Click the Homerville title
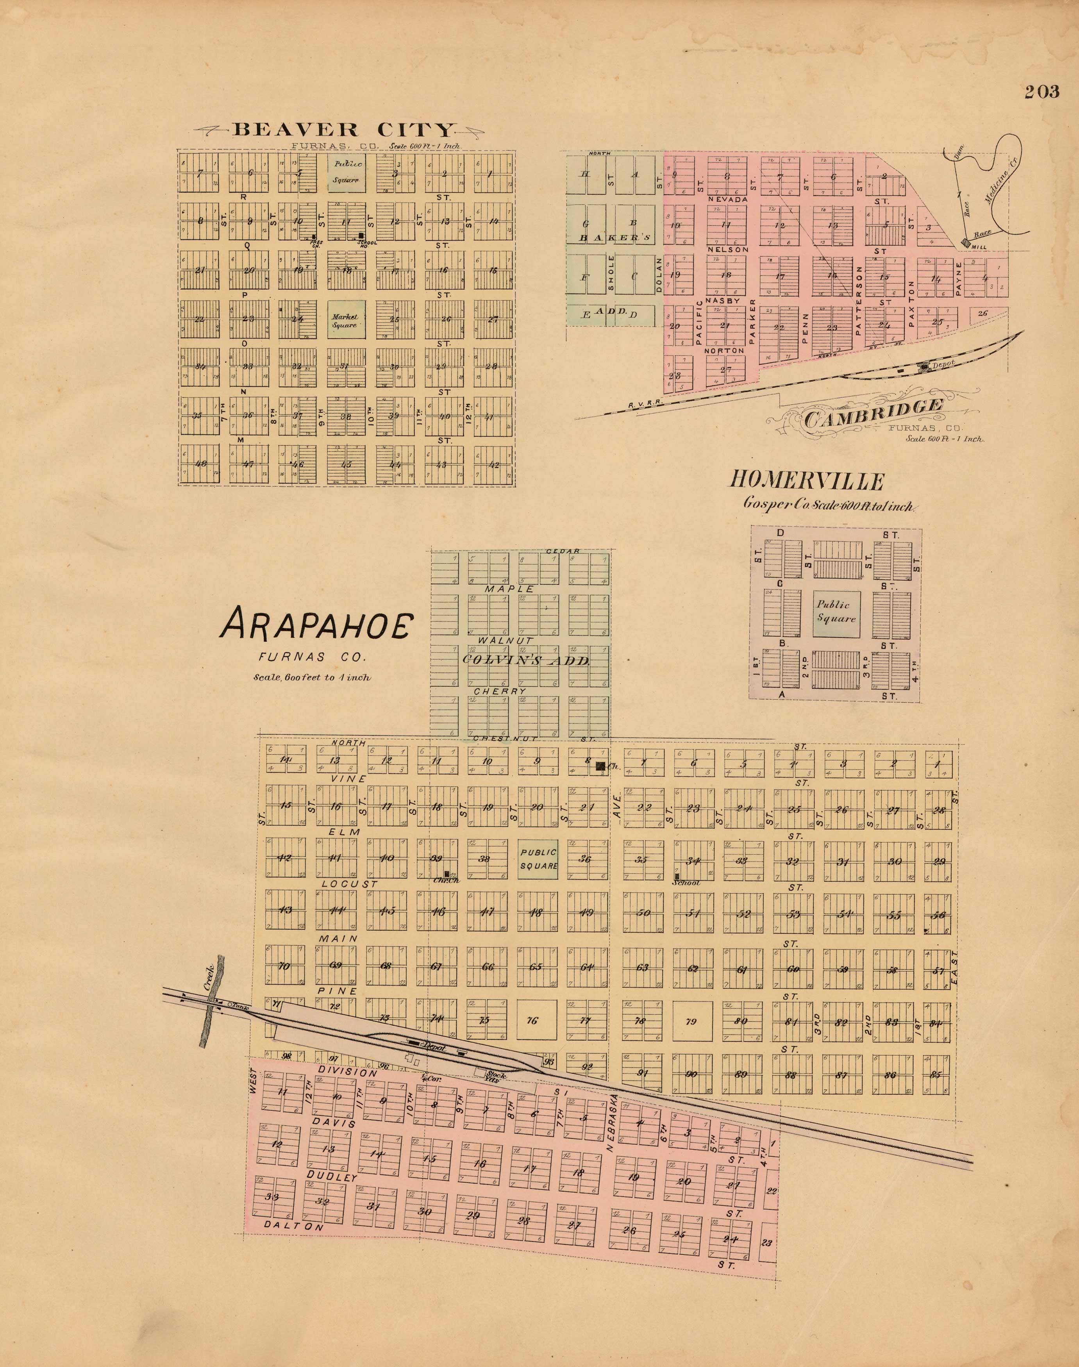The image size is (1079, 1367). [x=806, y=481]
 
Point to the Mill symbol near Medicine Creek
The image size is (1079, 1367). [x=965, y=243]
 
